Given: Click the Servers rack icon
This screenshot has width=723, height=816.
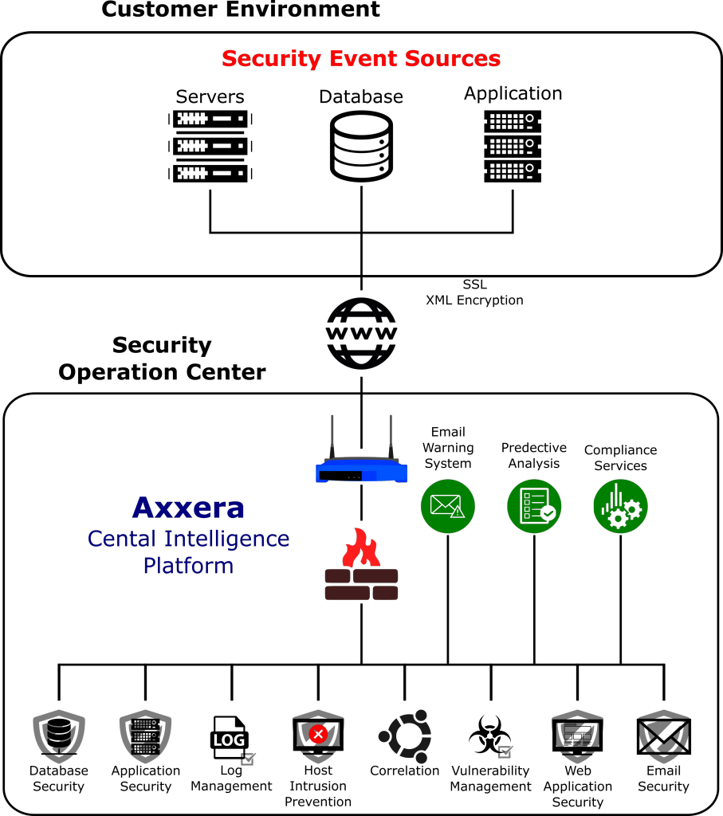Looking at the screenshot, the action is tap(210, 147).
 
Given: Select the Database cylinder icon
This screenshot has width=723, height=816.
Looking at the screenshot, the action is tap(361, 147).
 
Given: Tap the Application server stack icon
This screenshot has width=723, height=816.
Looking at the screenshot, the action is tap(513, 147).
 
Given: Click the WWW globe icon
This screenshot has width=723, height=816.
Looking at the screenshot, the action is tap(361, 334).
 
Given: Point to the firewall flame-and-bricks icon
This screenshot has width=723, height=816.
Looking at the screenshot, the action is tap(361, 564).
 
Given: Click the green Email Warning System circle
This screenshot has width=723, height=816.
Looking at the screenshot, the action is tap(448, 506).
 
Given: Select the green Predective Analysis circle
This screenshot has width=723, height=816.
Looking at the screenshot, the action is tap(534, 506).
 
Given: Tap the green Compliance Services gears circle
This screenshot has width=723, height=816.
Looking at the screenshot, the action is tap(620, 506).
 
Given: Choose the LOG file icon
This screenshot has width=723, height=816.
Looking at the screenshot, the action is tap(232, 739).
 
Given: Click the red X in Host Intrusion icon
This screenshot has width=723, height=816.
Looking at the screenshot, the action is tap(318, 734).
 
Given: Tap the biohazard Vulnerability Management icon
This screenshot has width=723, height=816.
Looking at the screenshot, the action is tap(490, 736).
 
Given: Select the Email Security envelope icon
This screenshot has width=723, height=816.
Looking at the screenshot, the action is tap(664, 736).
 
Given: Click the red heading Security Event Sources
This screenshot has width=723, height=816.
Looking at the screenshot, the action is tap(361, 59).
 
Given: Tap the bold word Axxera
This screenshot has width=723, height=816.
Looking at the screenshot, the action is tap(188, 508).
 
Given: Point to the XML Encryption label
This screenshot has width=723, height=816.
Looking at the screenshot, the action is tap(475, 300).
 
